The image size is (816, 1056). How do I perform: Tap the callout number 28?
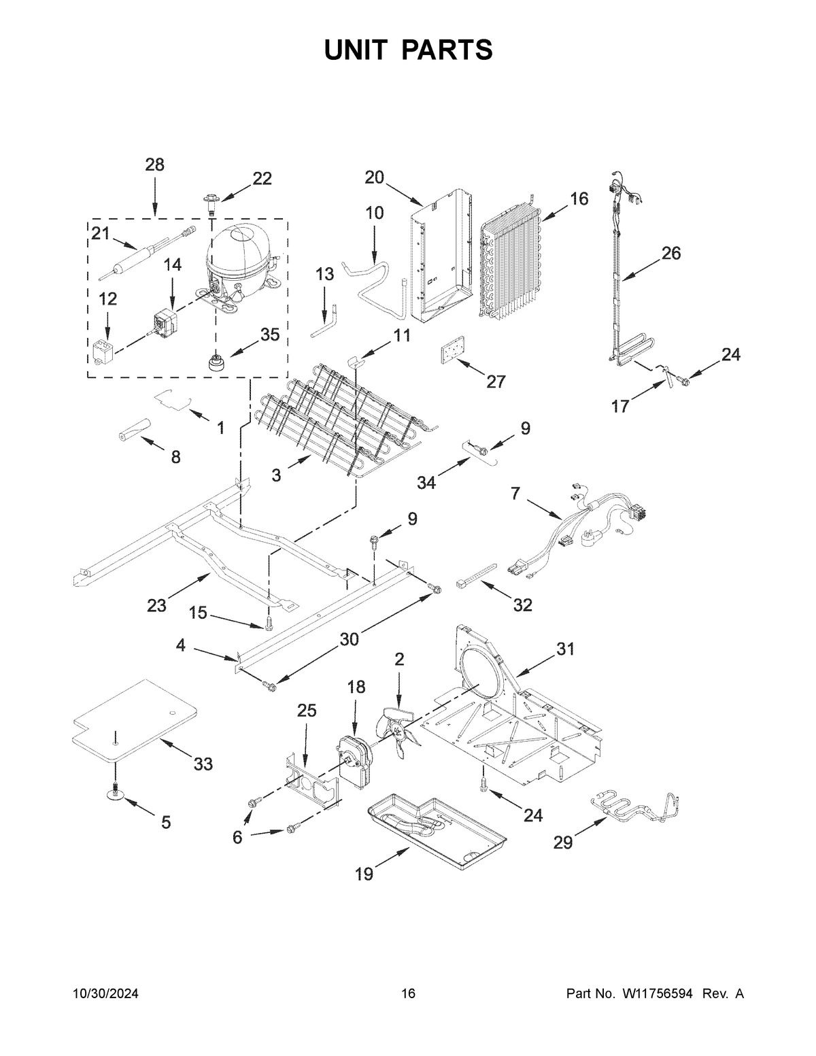click(154, 165)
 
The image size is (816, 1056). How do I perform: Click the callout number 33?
click(203, 764)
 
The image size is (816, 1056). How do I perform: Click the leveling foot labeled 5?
click(116, 793)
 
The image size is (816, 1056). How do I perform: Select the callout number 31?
click(566, 649)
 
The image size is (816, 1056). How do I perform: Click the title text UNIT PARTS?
click(408, 50)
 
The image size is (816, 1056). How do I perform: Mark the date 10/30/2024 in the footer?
click(105, 994)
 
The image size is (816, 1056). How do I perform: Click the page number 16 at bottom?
click(408, 994)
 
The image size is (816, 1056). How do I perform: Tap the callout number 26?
click(670, 254)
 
